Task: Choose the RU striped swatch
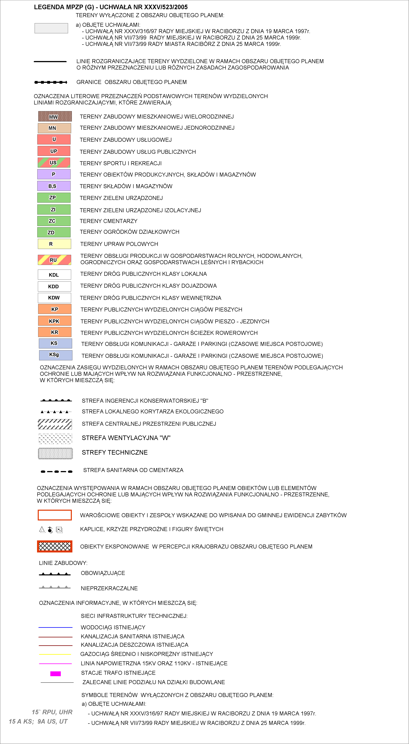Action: pyautogui.click(x=54, y=260)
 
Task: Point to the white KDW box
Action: pyautogui.click(x=54, y=297)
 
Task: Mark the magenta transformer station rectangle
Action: pyautogui.click(x=55, y=673)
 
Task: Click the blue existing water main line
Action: pyautogui.click(x=55, y=627)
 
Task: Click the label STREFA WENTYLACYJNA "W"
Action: pyautogui.click(x=126, y=438)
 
